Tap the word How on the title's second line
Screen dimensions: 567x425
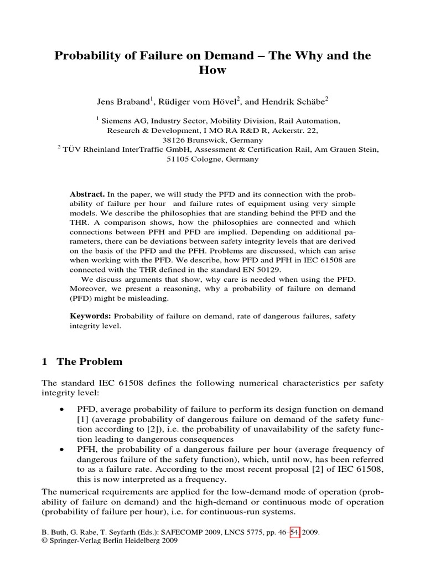212,71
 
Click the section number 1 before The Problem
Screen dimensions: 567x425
45,362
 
